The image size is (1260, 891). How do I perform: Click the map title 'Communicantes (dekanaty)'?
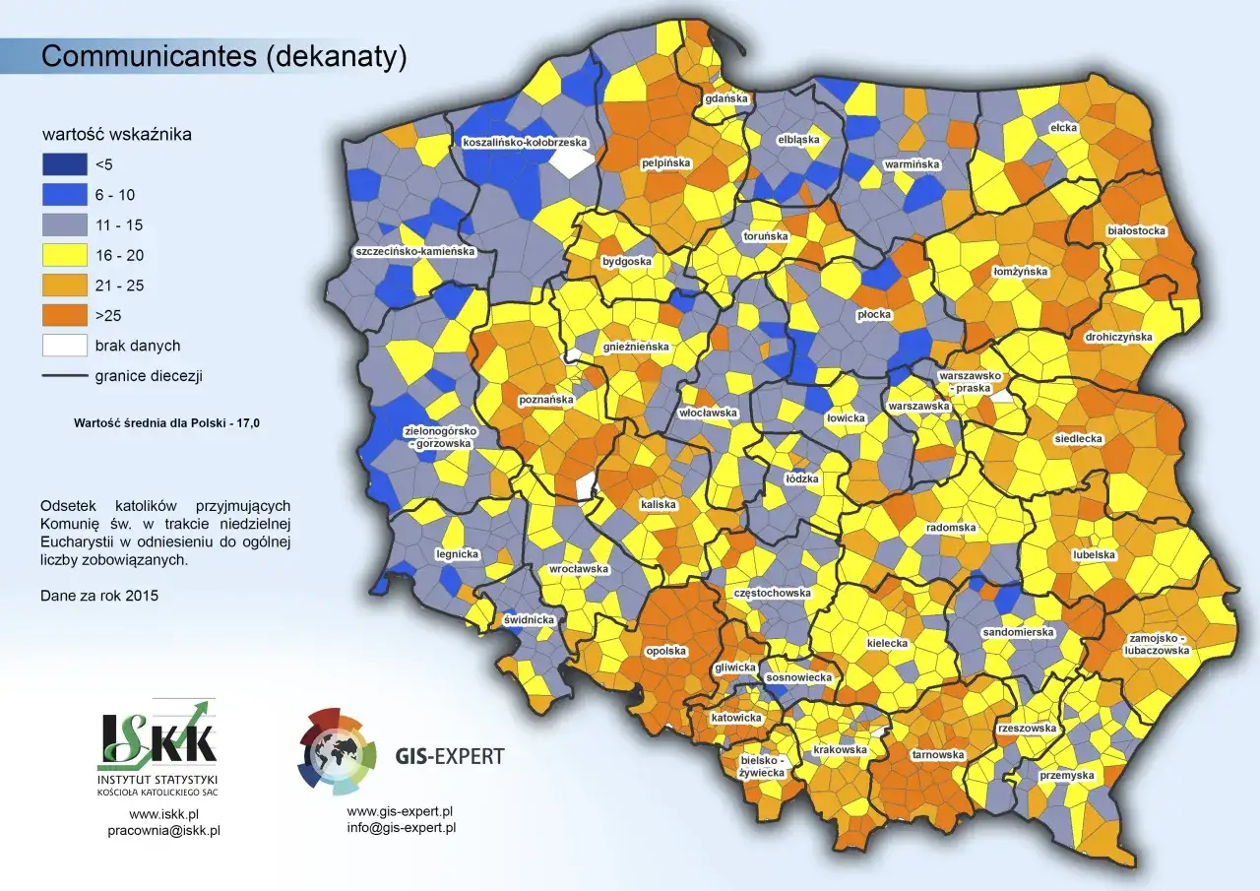[x=223, y=57]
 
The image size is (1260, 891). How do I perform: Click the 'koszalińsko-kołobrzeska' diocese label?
[x=525, y=142]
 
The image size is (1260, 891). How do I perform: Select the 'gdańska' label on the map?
[x=726, y=99]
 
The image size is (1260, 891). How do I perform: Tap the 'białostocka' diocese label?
[x=1136, y=231]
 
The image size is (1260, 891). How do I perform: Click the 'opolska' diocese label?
[x=666, y=651]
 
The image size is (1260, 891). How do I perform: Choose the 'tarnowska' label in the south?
[x=937, y=754]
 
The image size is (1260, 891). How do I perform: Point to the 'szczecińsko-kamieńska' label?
[x=415, y=252]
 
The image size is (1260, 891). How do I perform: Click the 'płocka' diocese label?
[x=873, y=315]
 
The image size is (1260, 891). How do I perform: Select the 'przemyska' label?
[x=1067, y=776]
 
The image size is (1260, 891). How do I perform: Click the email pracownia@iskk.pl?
[x=163, y=830]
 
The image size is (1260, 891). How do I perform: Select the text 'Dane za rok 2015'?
[x=99, y=596]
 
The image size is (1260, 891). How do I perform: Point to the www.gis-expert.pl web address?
[x=400, y=811]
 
